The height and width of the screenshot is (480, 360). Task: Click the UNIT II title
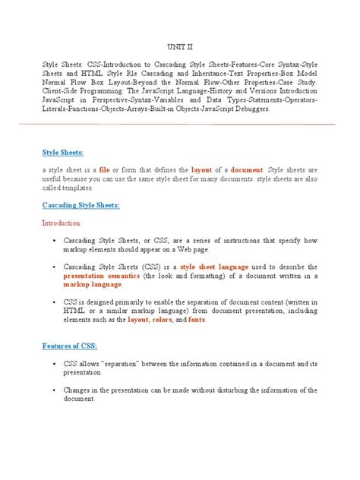click(x=179, y=47)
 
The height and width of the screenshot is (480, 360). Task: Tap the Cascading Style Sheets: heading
click(x=90, y=205)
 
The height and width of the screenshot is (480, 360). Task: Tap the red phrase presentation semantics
click(x=106, y=277)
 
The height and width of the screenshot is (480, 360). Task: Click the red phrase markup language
click(x=89, y=286)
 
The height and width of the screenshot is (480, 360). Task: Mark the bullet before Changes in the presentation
click(x=58, y=391)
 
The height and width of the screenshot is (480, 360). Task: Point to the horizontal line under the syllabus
click(x=179, y=124)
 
